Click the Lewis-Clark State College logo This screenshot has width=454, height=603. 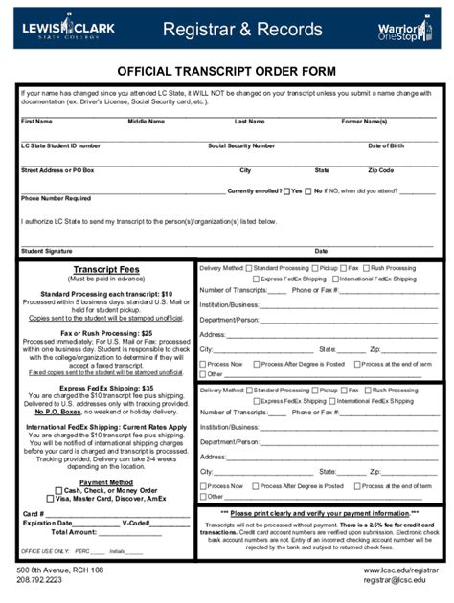(68, 30)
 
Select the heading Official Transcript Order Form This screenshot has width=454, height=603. (226, 71)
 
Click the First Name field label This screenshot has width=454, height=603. (36, 122)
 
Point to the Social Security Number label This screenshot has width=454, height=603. (242, 145)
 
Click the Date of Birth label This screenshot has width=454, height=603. (386, 145)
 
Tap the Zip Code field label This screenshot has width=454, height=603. (380, 170)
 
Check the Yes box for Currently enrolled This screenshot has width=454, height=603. (286, 190)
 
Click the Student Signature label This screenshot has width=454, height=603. (47, 251)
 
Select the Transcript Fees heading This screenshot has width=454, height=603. (106, 270)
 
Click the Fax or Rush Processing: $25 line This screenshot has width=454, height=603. (106, 333)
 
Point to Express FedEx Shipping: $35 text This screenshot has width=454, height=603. (106, 388)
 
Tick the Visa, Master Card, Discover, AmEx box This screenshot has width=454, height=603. (50, 500)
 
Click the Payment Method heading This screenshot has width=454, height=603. (106, 482)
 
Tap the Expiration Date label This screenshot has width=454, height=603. (47, 524)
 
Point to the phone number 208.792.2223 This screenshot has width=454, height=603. (39, 580)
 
